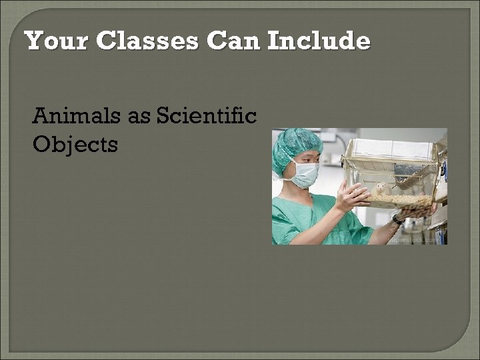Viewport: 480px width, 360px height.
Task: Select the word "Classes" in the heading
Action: point(147,41)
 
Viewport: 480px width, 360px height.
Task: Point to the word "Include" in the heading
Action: point(318,41)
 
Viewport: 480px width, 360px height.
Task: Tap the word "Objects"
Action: point(75,144)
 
